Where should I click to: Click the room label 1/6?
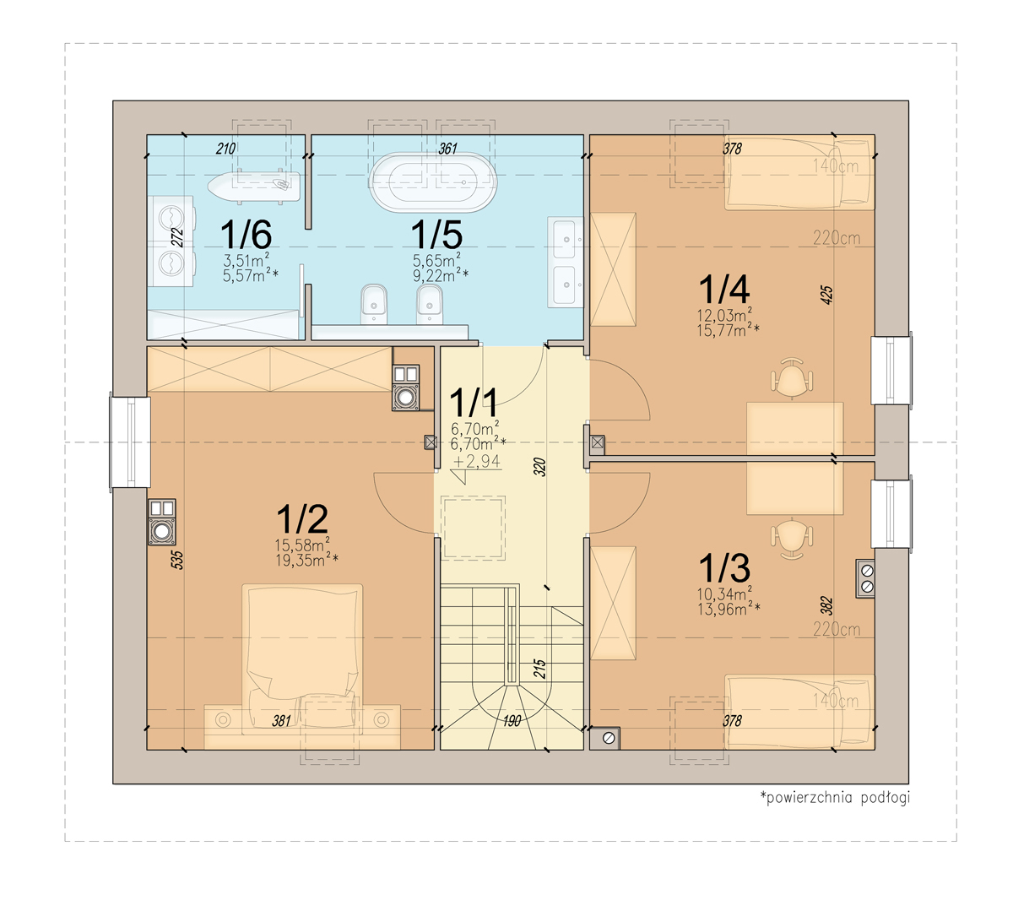click(x=246, y=234)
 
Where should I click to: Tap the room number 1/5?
click(x=436, y=234)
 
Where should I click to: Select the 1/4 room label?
click(x=723, y=289)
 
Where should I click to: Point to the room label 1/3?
click(x=723, y=567)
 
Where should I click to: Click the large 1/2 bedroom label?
click(x=302, y=518)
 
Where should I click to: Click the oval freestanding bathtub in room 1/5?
click(x=433, y=183)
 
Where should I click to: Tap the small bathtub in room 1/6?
click(x=254, y=187)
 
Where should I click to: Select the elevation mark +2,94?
click(x=476, y=461)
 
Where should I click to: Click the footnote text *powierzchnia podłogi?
click(x=834, y=797)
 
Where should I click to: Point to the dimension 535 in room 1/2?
click(x=177, y=560)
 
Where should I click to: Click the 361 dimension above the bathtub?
click(x=447, y=149)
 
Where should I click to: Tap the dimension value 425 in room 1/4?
click(x=826, y=295)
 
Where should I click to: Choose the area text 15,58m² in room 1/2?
click(x=302, y=544)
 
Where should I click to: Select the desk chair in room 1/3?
click(x=792, y=539)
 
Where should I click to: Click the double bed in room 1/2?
click(x=302, y=659)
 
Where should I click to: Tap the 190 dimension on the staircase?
click(x=512, y=720)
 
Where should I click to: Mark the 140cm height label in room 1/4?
click(x=835, y=166)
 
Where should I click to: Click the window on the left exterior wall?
click(x=130, y=442)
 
